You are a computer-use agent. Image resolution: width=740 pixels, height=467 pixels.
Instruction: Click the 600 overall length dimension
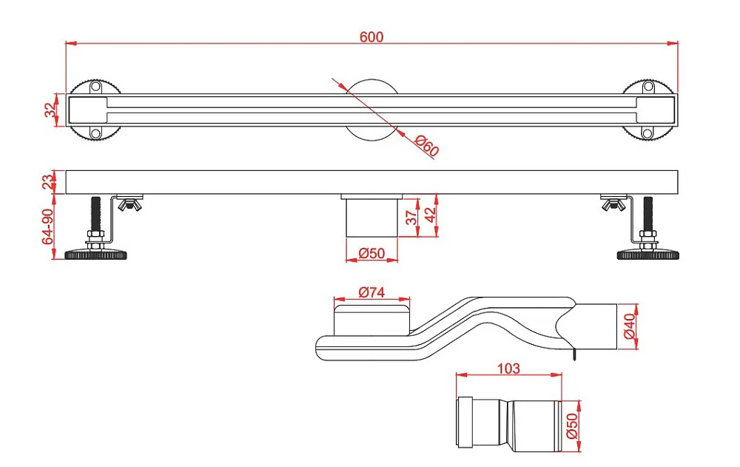coord(371,37)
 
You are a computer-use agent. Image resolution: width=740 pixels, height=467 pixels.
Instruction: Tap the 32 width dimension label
coord(50,110)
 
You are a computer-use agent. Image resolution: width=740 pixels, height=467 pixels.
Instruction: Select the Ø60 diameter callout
coord(427,146)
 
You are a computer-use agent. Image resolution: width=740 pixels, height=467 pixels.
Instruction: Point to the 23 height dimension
coord(49,182)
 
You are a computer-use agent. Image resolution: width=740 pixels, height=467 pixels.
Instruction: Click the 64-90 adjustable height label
coord(48,227)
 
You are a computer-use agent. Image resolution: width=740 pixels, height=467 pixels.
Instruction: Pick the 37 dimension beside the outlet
coord(411,217)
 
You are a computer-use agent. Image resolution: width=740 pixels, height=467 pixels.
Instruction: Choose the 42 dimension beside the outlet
coord(431,215)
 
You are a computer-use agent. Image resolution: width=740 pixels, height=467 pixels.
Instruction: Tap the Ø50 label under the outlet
coord(371,254)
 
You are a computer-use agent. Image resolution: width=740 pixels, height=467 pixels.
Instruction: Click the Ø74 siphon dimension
coord(371,292)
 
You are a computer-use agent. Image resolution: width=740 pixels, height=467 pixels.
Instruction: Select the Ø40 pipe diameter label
coord(630,327)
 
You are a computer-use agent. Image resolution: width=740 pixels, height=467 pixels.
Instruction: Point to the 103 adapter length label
coord(508,369)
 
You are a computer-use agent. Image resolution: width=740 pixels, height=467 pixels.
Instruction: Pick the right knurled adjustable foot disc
coord(648,255)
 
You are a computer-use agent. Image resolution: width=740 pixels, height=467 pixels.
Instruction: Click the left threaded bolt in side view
coord(95,215)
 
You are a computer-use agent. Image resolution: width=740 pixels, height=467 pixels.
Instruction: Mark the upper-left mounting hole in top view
coord(95,87)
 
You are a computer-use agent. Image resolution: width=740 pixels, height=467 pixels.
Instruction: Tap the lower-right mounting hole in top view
coord(648,133)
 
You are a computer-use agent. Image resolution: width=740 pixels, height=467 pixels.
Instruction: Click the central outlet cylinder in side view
coord(372,217)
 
